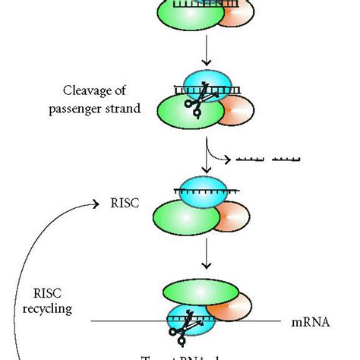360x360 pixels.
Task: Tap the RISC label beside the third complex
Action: click(119, 204)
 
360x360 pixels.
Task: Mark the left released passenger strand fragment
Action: click(252, 159)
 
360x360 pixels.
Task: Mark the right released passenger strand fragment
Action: click(286, 159)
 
